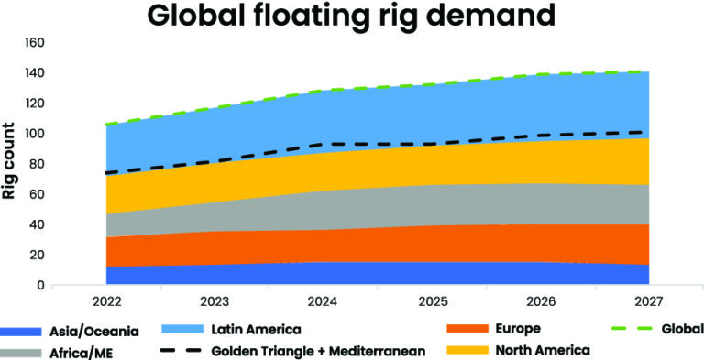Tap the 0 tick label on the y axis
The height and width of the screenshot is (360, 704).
(39, 285)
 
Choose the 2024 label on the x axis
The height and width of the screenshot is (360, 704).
(324, 300)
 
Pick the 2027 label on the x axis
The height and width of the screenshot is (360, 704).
(650, 300)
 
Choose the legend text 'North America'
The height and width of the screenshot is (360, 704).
(542, 350)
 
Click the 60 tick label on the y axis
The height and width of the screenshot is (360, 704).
(36, 194)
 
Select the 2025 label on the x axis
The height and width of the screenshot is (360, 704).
(433, 300)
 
